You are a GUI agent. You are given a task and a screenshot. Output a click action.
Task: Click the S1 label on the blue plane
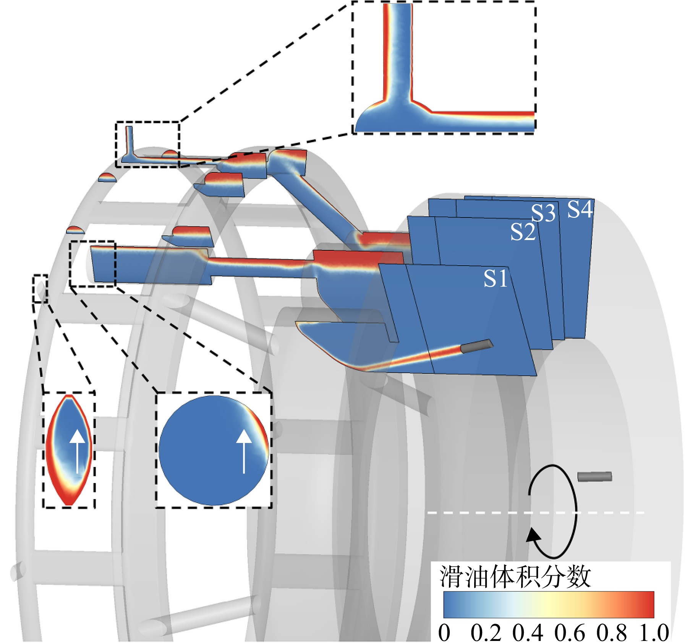click(495, 278)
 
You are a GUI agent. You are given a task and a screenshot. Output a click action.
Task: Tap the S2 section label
click(523, 232)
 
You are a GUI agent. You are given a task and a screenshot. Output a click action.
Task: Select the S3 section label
click(543, 213)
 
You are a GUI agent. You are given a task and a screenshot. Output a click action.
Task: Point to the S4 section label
click(580, 209)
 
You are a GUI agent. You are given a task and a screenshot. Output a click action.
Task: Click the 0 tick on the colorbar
click(444, 633)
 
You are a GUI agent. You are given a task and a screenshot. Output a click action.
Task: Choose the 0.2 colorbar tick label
click(486, 633)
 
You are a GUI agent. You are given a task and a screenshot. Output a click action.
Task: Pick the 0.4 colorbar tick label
click(528, 633)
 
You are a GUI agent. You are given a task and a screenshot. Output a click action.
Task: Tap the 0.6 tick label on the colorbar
click(570, 633)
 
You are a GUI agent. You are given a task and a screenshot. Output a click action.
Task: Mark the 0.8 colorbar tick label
click(612, 633)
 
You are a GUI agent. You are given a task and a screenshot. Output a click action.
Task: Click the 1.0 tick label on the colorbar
click(654, 633)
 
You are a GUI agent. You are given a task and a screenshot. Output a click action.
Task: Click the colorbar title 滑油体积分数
click(515, 577)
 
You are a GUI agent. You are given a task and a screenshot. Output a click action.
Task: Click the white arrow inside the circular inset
click(244, 451)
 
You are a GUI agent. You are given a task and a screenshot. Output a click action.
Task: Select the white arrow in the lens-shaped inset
click(78, 451)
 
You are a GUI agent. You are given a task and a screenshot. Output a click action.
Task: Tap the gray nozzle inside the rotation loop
click(595, 477)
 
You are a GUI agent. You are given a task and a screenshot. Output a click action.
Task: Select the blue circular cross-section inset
click(214, 450)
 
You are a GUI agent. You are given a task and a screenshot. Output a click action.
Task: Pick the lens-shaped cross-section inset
click(69, 450)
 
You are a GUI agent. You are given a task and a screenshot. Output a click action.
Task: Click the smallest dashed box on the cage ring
click(40, 289)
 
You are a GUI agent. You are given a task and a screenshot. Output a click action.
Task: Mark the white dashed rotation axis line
click(536, 513)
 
